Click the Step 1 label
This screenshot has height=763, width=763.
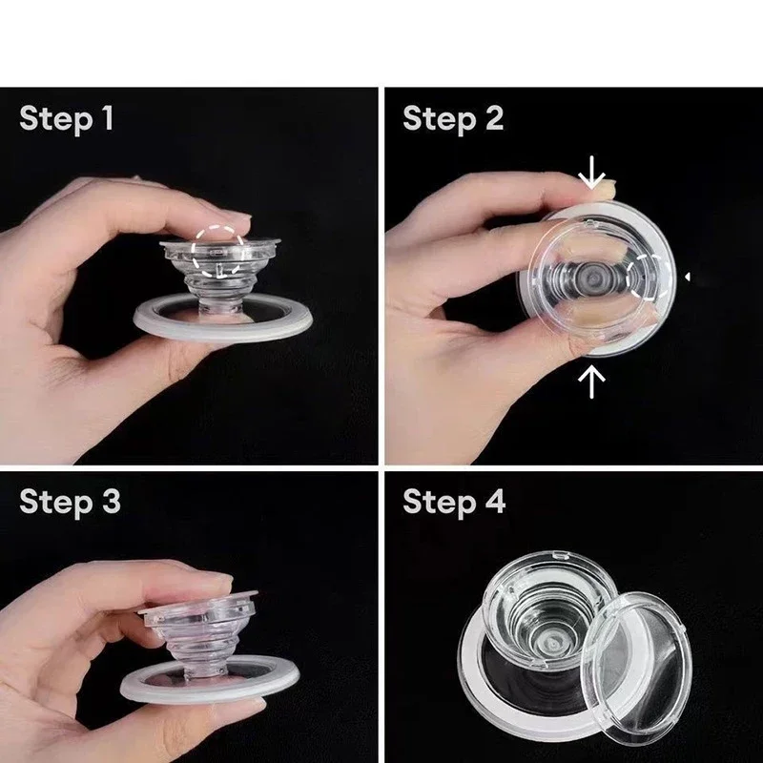66,119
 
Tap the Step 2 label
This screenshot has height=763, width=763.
452,119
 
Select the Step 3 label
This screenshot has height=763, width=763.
69,501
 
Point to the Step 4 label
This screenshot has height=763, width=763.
453,501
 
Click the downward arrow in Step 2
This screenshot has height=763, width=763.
592,173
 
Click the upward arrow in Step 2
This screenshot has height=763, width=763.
592,381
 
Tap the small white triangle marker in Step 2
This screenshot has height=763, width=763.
688,278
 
